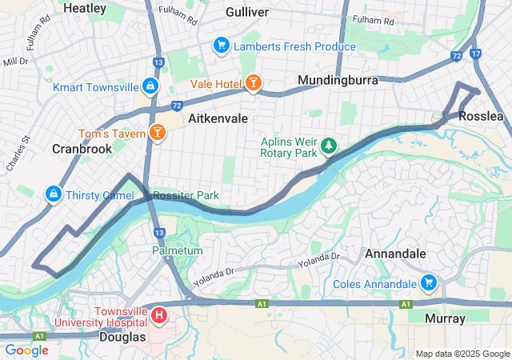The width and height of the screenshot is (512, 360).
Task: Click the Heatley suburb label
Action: coord(84,8)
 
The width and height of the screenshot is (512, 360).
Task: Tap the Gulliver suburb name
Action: coord(247,12)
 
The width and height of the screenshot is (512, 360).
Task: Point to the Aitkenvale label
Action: coord(218,118)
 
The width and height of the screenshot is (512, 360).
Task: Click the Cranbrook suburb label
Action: coord(82,149)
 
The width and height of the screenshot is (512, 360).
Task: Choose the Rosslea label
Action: coord(482,116)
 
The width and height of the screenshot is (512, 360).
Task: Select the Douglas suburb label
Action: coord(123,337)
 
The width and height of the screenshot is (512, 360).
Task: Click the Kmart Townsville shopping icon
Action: coord(150,85)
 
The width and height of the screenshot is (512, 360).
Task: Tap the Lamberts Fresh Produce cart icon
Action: coord(221,46)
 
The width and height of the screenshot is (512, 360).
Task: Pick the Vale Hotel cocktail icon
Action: coord(252,83)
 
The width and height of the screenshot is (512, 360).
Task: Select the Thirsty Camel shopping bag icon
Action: coord(53,194)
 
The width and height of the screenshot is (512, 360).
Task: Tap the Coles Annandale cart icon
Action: coord(428,282)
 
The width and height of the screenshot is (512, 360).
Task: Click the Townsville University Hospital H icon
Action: coord(158,316)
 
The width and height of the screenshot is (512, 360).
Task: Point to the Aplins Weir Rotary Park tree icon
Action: coord(329,146)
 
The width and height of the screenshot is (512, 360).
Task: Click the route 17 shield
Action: coord(477,54)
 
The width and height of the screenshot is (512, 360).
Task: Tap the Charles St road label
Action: coord(18,153)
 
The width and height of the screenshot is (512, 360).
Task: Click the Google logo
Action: coord(26,350)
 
